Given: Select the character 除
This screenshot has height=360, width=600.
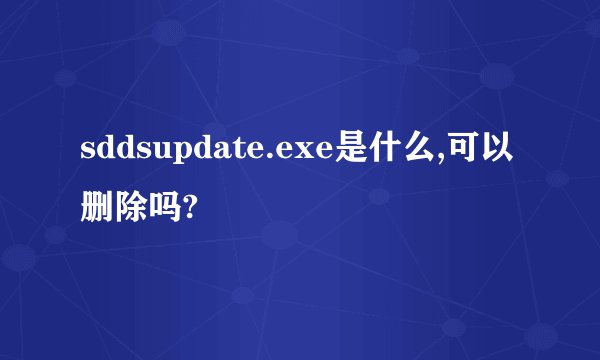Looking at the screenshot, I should click(130, 209).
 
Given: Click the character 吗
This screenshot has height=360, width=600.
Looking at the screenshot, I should click(164, 209).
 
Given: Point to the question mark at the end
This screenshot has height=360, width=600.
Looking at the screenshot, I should click(188, 209).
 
